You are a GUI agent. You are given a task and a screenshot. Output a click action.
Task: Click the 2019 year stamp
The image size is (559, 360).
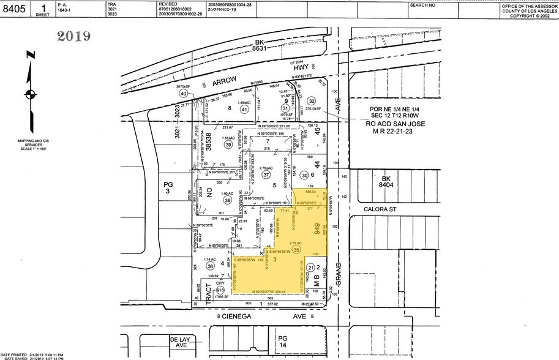tap(74, 36)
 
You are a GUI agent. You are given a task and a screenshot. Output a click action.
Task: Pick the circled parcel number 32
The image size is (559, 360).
tap(311, 101)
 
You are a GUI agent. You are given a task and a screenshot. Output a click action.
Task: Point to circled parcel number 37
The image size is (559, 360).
tap(266, 174)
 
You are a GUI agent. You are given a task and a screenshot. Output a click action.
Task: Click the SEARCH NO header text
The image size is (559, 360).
tap(423, 5)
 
